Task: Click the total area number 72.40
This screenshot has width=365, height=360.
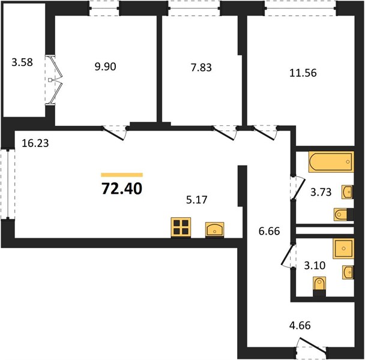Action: coord(122,188)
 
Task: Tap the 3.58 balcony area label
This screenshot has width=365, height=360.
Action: coord(22,62)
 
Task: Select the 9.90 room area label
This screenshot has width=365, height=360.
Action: coord(105,67)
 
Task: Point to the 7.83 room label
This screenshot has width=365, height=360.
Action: coord(201,67)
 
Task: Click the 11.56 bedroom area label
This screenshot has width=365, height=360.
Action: coord(303,73)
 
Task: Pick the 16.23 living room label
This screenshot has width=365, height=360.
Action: coord(35,143)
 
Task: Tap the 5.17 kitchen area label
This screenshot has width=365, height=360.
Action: coord(197,200)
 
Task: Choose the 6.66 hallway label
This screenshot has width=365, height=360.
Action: coord(270,232)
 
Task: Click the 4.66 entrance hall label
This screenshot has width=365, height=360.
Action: coord(300,326)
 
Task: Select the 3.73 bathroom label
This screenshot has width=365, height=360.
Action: coord(321,192)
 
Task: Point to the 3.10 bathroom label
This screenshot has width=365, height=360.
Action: coord(315,265)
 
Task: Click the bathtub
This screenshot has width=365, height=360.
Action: coord(331,162)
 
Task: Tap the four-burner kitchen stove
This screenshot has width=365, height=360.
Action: coord(181,227)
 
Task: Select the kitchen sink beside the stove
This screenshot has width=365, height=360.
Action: coord(215,230)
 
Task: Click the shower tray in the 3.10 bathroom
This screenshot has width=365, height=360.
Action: coord(343,248)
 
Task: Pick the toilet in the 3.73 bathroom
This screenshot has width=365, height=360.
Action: coord(343,214)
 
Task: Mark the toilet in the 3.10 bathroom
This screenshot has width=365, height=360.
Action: coord(319,286)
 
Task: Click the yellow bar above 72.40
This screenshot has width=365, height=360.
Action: coord(122,175)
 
